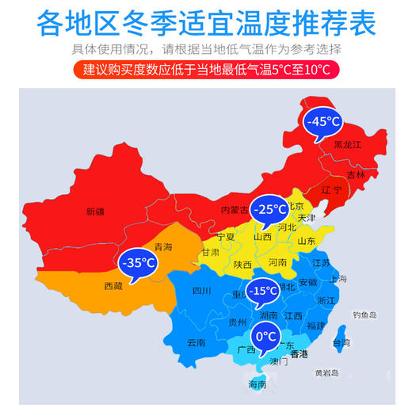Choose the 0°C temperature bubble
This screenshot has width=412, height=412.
click(x=266, y=336)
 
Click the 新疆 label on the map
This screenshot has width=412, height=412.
click(x=95, y=211)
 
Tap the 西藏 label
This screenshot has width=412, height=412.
click(x=113, y=285)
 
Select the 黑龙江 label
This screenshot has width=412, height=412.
click(x=346, y=145)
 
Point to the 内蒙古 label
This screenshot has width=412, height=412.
click(x=235, y=210)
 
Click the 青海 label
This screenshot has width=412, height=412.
click(x=163, y=246)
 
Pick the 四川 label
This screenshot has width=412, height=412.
click(x=201, y=291)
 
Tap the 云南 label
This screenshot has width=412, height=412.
click(x=196, y=342)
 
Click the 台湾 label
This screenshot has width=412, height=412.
click(x=341, y=343)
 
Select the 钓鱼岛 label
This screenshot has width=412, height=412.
click(x=365, y=315)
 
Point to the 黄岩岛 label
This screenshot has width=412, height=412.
click(x=326, y=372)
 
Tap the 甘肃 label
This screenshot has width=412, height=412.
click(x=210, y=252)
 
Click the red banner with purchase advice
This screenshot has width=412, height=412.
click(x=206, y=70)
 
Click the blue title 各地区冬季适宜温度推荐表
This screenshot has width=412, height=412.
click(x=206, y=22)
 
